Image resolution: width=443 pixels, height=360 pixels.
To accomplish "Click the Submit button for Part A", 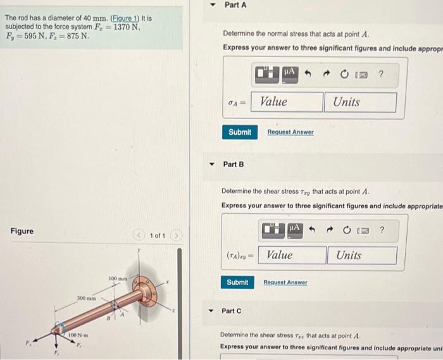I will pyautogui.click(x=240, y=132).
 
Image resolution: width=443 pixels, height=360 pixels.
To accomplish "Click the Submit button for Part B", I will pyautogui.click(x=237, y=282).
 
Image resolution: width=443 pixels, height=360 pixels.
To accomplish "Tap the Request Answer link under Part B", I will pyautogui.click(x=285, y=282).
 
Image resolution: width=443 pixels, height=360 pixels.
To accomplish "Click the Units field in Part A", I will pyautogui.click(x=361, y=102).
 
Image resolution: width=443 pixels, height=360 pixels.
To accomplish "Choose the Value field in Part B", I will pyautogui.click(x=293, y=255).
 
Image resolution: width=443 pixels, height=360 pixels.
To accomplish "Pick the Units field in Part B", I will pyautogui.click(x=362, y=255).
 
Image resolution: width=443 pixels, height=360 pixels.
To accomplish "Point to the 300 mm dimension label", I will pyautogui.click(x=85, y=297).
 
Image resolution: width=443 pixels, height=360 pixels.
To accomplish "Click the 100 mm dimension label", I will pyautogui.click(x=118, y=279).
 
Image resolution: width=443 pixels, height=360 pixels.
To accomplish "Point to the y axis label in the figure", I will pyautogui.click(x=138, y=251).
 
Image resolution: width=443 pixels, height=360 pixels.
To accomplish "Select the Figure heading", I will pyautogui.click(x=22, y=231).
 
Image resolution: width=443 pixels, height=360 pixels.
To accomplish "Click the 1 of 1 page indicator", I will pyautogui.click(x=157, y=236).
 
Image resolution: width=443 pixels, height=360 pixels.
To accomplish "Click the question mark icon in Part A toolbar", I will pyautogui.click(x=380, y=74).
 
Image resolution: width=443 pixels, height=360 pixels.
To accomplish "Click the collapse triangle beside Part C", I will pyautogui.click(x=211, y=311).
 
